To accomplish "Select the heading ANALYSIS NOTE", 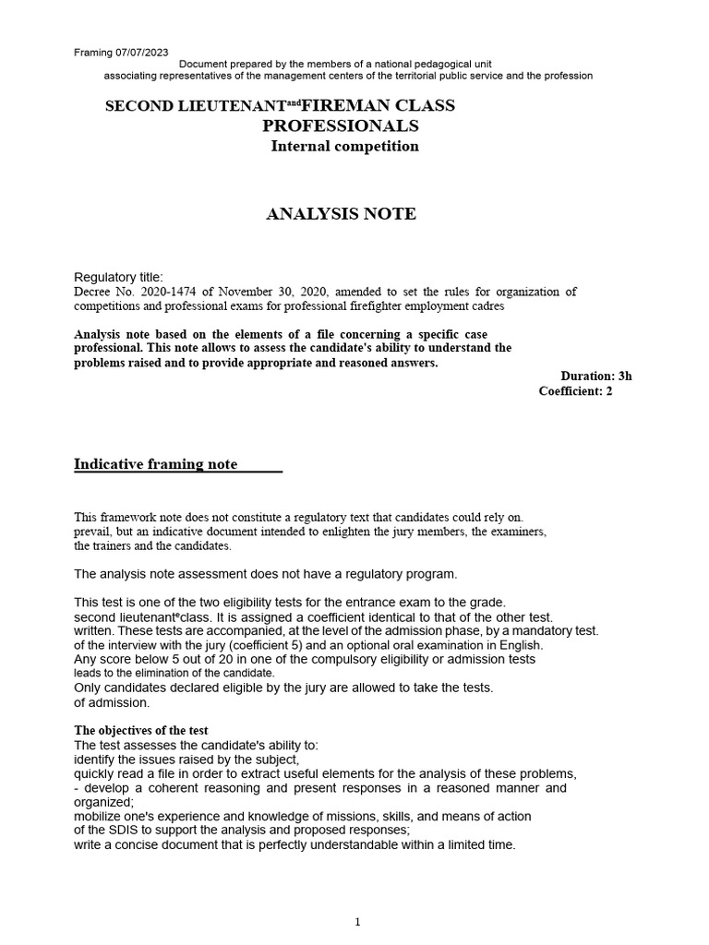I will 341,214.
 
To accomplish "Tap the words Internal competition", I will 344,146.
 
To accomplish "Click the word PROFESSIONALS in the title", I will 340,126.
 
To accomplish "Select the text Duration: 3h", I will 596,376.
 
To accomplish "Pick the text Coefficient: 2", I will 575,390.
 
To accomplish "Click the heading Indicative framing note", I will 155,464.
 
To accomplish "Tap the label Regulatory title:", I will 118,277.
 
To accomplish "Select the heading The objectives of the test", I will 141,731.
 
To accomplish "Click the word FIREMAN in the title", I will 341,105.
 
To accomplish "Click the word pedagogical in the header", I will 432,63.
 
